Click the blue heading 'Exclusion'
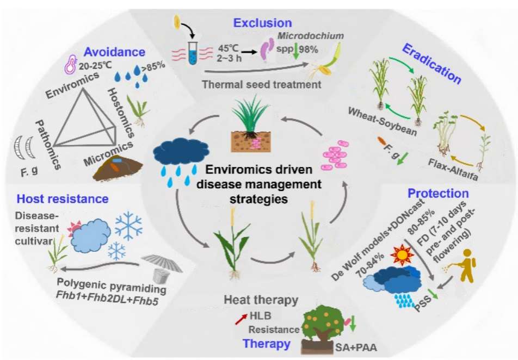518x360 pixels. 262,23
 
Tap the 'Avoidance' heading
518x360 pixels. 114,52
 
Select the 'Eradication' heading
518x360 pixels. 431,64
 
